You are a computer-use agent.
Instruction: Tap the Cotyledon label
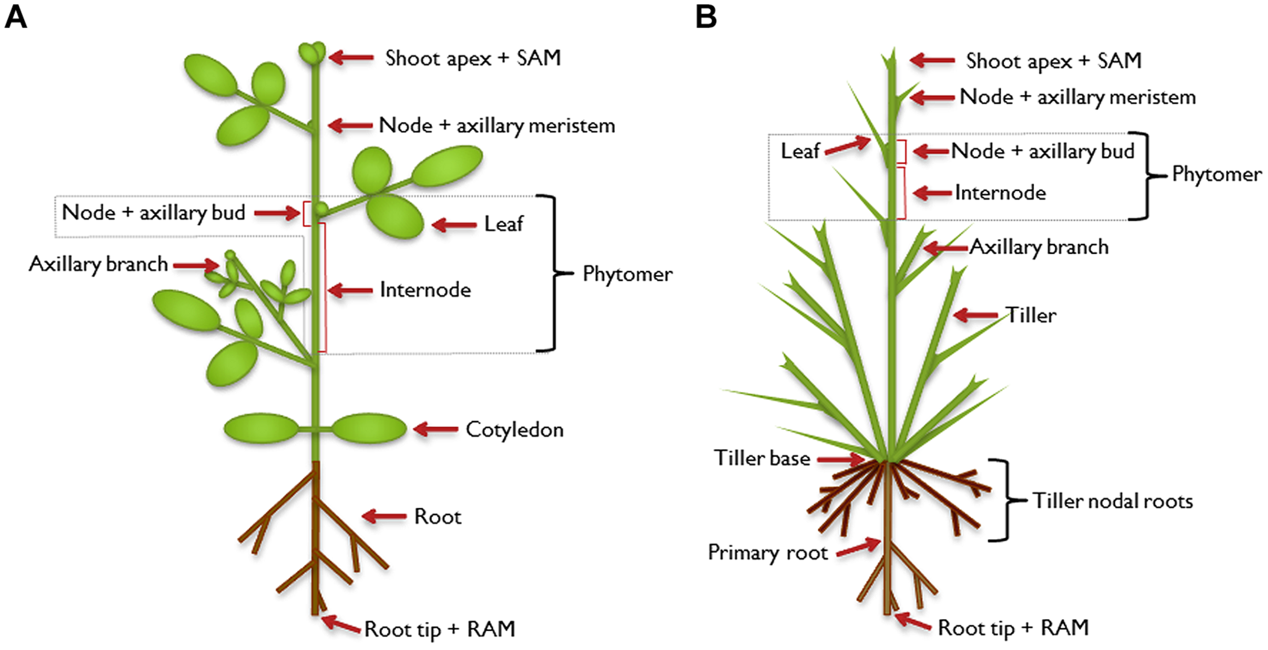514,430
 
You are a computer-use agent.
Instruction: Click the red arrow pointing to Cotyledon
436,429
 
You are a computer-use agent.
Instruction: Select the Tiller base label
762,458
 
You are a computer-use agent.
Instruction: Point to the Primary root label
767,553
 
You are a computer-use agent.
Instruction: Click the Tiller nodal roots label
1113,501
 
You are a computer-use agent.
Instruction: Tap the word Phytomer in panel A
627,274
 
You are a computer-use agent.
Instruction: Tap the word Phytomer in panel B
1217,175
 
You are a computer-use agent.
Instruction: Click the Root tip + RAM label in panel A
440,629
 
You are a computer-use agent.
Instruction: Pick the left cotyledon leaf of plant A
261,428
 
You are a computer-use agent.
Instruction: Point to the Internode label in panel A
425,290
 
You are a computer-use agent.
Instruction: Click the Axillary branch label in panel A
98,264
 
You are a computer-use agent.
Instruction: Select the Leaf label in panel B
800,151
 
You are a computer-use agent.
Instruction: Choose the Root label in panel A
438,517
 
